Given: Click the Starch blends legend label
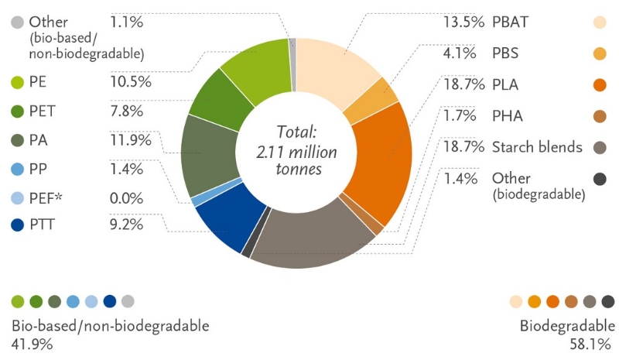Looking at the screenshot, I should (536, 146).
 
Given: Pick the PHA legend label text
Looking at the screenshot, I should (508, 116).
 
